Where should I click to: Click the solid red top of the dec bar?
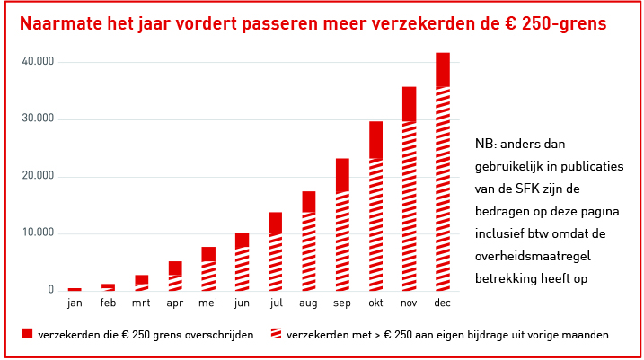coord(442,69)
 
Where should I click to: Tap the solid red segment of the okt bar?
coord(375,140)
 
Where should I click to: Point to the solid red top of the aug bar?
coord(309,201)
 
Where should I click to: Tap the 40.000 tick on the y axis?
coord(39,62)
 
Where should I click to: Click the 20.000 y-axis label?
coord(39,176)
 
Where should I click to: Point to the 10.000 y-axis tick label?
coord(39,233)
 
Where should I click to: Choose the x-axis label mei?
coord(208,304)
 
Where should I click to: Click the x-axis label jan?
coord(75,304)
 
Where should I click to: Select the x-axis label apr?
coord(175,304)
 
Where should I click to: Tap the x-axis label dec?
coord(442,304)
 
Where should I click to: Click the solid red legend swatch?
coord(28,335)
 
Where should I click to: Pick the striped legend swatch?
coord(276,335)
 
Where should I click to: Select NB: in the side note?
coord(485,144)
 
